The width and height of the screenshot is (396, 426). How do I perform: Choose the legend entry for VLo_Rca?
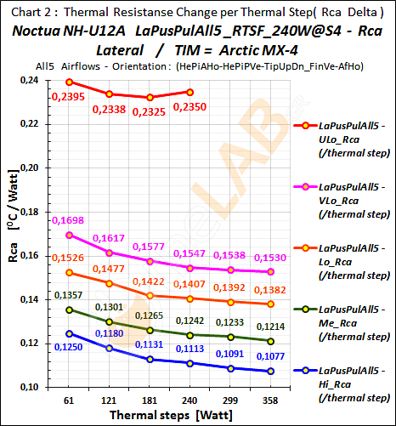[x=344, y=192]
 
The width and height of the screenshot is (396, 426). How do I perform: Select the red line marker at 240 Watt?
[x=190, y=92]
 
